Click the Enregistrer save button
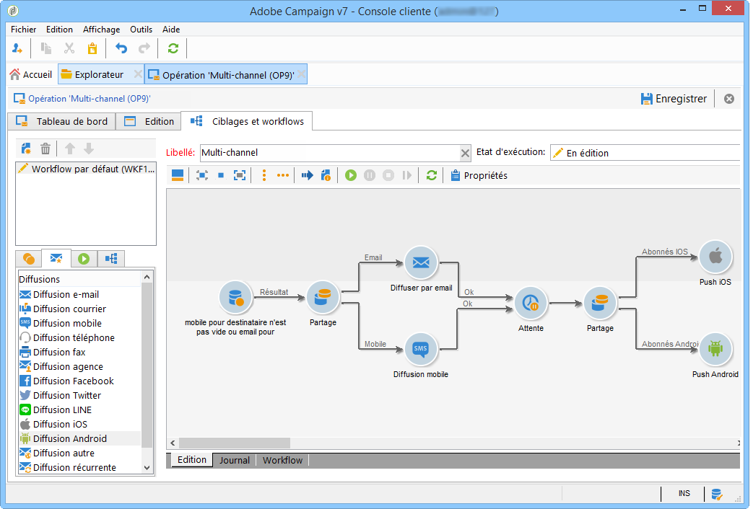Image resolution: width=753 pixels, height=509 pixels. pos(674,99)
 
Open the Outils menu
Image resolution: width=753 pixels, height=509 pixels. pos(141,30)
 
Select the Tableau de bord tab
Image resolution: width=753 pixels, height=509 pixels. pos(63,121)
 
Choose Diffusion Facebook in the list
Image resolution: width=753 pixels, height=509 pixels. pos(73,381)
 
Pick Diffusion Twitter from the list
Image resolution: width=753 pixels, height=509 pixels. pos(66,395)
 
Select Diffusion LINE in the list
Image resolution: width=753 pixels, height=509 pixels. pos(62,410)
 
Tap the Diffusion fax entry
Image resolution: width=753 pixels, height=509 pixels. pos(58,352)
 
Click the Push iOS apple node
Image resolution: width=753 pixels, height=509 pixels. pos(715,257)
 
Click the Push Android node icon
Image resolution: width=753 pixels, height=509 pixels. pos(715,349)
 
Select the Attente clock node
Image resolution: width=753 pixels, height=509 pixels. pos(531,303)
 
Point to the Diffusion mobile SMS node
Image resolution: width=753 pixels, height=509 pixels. pos(420,350)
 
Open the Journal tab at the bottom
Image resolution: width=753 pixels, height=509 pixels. pos(235,460)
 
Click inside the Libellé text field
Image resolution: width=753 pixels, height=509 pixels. pos(328,153)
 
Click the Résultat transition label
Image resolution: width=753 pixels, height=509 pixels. pos(274,292)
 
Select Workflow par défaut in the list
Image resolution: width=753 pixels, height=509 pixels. pos(86,168)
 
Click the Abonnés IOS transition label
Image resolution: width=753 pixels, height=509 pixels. pos(664,252)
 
